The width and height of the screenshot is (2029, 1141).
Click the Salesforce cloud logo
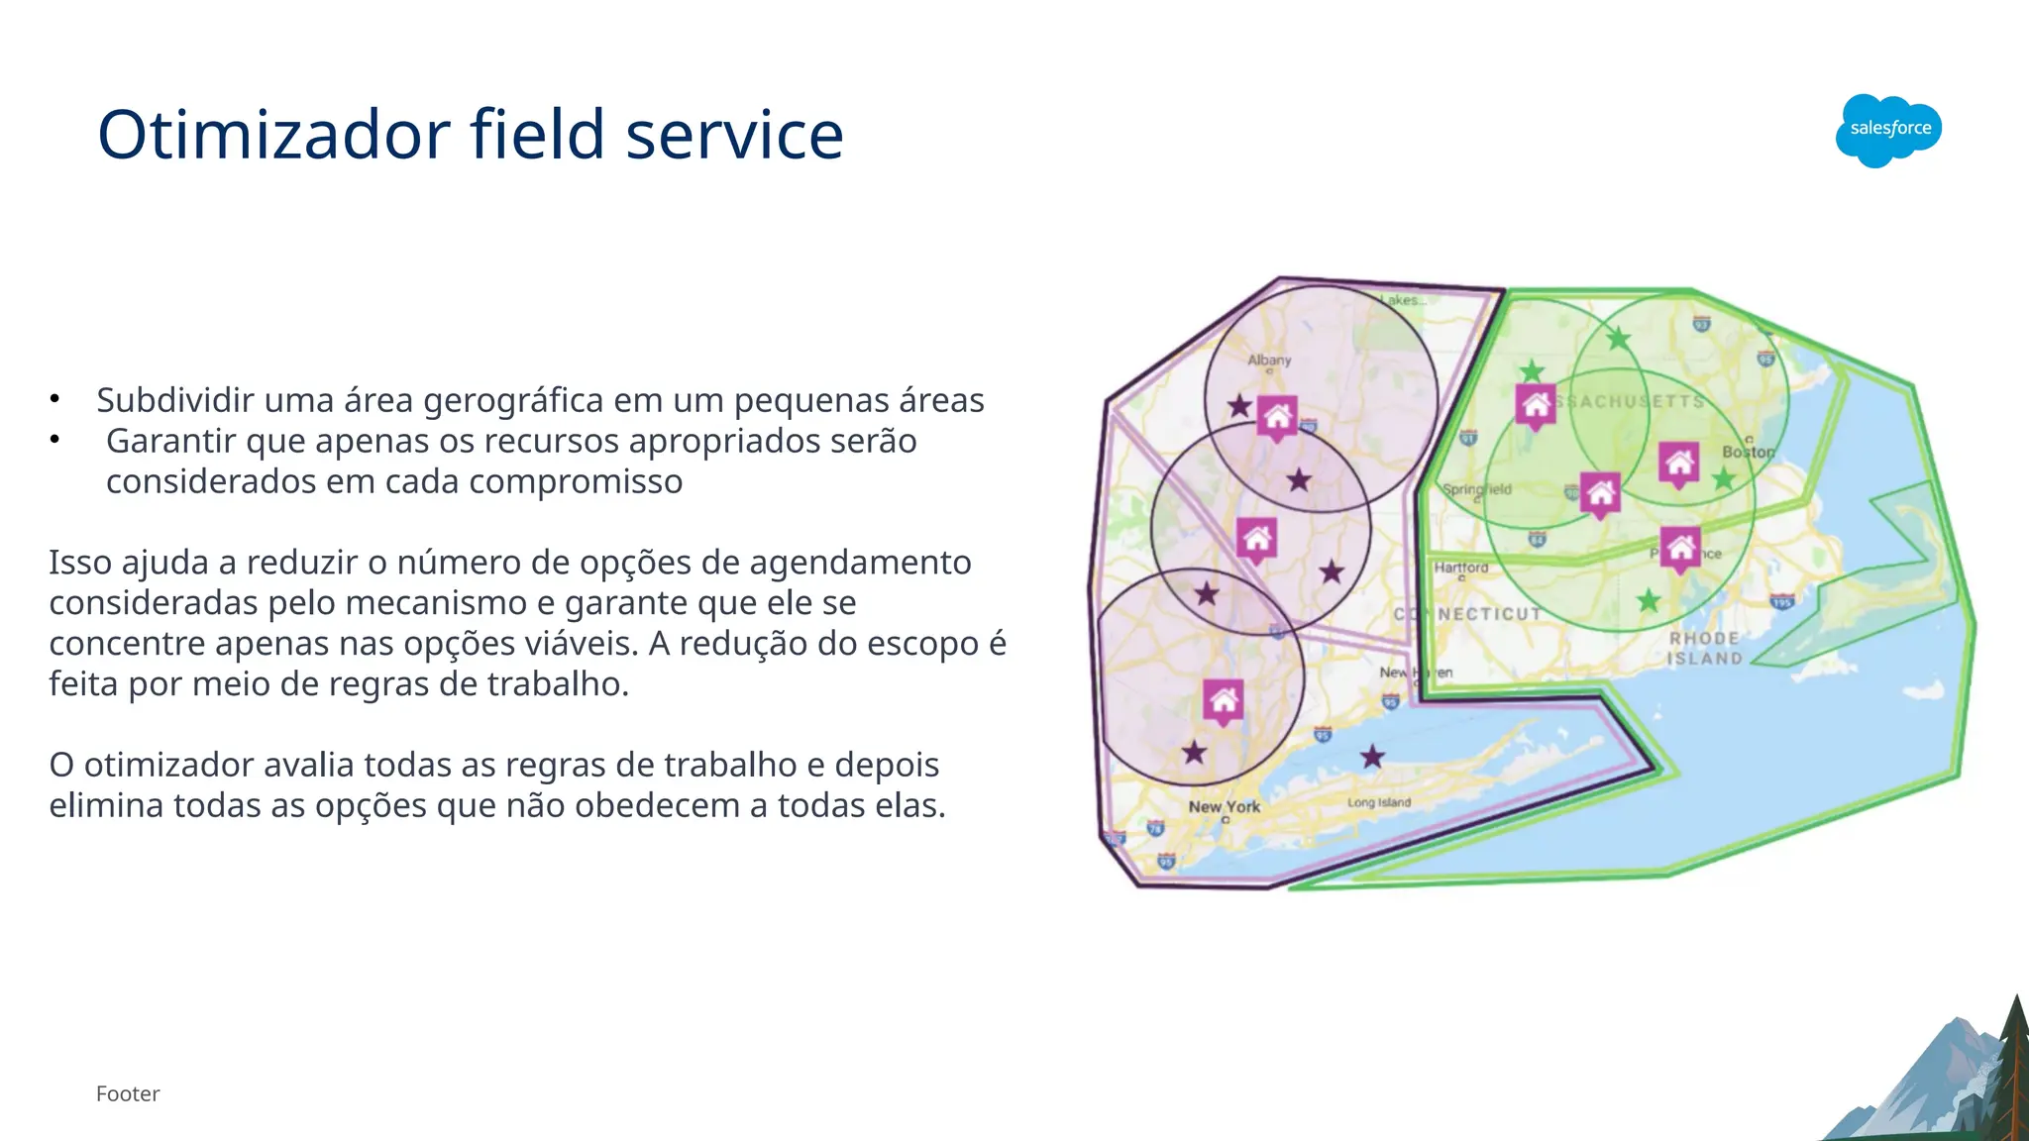point(1888,130)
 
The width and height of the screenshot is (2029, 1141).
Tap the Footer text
point(128,1093)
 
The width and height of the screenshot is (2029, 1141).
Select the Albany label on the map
point(1269,360)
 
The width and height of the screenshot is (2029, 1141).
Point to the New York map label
point(1224,806)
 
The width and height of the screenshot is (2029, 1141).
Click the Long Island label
point(1378,802)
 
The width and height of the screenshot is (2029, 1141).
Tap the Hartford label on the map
point(1461,568)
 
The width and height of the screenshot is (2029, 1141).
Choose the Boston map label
point(1748,452)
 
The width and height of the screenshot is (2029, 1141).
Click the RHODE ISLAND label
point(1704,648)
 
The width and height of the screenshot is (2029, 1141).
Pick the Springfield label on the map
point(1476,489)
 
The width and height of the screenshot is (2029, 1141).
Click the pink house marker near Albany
point(1277,417)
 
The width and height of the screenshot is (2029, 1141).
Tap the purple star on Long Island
point(1372,758)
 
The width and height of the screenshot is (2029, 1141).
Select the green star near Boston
point(1724,479)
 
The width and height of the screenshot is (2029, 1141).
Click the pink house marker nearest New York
point(1224,701)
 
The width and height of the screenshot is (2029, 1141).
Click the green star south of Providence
point(1649,600)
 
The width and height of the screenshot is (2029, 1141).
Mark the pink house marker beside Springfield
point(1600,493)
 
